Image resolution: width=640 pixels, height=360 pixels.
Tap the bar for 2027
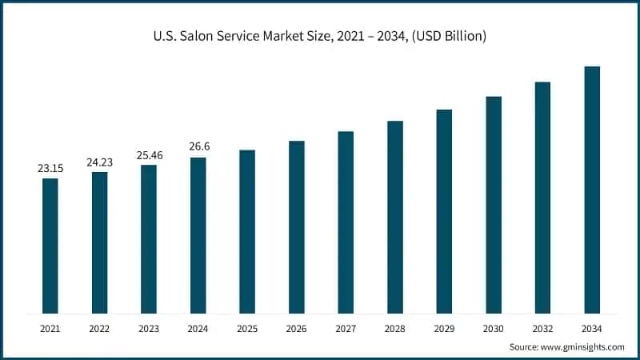tap(346, 222)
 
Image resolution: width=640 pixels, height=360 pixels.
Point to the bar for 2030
tap(494, 204)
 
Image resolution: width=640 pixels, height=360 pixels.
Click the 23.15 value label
tap(50, 169)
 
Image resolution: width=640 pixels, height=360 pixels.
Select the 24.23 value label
tap(99, 162)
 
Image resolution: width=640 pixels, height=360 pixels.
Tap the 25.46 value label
tap(149, 155)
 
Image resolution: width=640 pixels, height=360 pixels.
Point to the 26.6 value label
tap(198, 147)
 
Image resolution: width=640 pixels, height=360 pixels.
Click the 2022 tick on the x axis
tap(99, 328)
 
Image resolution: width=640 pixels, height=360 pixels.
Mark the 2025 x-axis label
tap(247, 328)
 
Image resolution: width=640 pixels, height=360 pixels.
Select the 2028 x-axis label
tap(395, 328)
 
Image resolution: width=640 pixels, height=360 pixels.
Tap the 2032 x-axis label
tap(542, 328)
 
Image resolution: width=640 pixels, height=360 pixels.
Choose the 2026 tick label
tap(296, 328)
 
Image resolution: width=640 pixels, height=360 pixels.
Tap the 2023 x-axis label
tap(149, 328)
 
